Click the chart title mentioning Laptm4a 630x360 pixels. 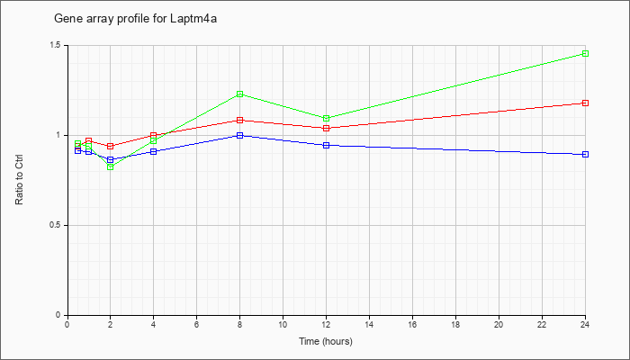pyautogui.click(x=135, y=19)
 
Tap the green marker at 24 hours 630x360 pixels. pyautogui.click(x=585, y=53)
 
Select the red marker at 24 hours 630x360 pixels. pyautogui.click(x=585, y=103)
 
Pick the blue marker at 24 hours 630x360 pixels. pyautogui.click(x=585, y=154)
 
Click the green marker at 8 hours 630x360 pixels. pyautogui.click(x=240, y=94)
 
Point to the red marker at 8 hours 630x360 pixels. pyautogui.click(x=240, y=120)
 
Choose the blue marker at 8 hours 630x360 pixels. pyautogui.click(x=240, y=135)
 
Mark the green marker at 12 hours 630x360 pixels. pyautogui.click(x=326, y=118)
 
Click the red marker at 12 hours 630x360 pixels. pyautogui.click(x=326, y=128)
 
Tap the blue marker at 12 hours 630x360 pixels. pyautogui.click(x=326, y=145)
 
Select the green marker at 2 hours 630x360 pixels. pyautogui.click(x=111, y=166)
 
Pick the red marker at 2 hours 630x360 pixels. pyautogui.click(x=111, y=146)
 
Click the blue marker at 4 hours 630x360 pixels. pyautogui.click(x=154, y=151)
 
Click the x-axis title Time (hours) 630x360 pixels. pyautogui.click(x=326, y=342)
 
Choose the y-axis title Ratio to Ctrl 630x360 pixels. pyautogui.click(x=19, y=179)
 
